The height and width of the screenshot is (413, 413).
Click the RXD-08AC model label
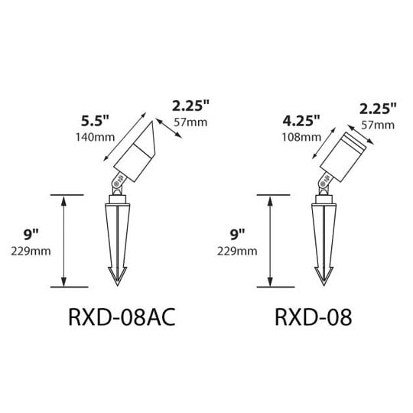point(122,317)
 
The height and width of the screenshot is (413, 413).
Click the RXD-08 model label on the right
point(313,317)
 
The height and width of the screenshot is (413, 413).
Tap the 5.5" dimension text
point(95,121)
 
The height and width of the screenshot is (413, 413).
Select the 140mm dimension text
point(96,137)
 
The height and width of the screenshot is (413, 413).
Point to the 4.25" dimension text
point(301,121)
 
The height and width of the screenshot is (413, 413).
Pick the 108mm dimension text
point(301,137)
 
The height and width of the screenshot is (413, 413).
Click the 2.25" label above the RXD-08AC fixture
point(190,106)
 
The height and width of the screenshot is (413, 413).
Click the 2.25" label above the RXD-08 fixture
point(378,109)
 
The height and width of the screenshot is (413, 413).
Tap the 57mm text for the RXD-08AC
point(190,122)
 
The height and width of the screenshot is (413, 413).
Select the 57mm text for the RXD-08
point(378,125)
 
